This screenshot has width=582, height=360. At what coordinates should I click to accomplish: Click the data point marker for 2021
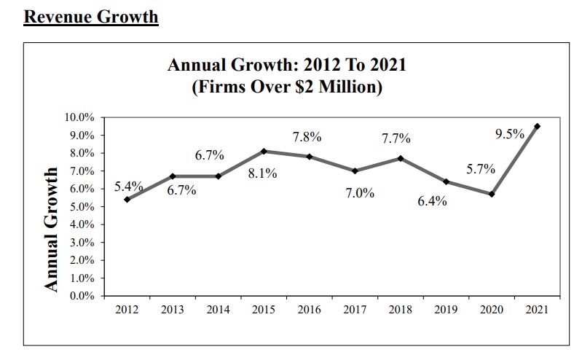[537, 126]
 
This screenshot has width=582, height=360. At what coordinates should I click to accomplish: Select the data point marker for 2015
[263, 151]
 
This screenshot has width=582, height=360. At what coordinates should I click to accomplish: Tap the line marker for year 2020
[492, 194]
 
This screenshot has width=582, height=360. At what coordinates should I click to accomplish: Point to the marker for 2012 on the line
[127, 199]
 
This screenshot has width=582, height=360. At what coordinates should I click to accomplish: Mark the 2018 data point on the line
[400, 158]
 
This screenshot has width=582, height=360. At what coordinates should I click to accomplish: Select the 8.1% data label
[262, 174]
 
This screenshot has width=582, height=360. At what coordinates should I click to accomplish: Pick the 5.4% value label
[128, 187]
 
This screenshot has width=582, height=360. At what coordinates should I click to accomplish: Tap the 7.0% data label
[360, 193]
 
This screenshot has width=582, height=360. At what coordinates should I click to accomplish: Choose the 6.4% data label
[432, 201]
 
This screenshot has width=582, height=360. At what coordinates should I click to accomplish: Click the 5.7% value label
[481, 169]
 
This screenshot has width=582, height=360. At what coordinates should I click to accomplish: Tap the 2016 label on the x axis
[309, 310]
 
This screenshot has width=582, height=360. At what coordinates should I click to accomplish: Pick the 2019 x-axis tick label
[446, 310]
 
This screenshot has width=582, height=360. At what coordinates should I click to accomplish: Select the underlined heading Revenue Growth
[91, 16]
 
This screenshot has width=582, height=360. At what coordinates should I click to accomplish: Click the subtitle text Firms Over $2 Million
[287, 88]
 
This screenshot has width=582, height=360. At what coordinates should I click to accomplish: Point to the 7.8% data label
[307, 137]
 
